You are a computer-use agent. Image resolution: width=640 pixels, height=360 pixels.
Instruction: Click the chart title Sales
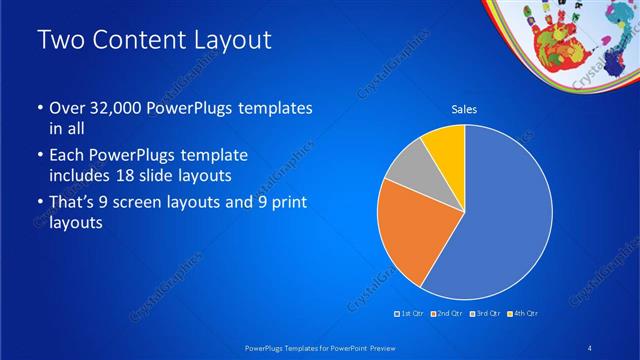464,109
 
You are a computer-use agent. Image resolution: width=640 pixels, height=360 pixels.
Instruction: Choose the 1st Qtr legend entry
411,313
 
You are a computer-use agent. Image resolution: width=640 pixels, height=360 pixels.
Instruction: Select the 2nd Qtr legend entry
447,313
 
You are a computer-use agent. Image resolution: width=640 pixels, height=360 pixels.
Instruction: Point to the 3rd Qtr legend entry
484,313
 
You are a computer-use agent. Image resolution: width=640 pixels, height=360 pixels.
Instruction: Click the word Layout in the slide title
225,40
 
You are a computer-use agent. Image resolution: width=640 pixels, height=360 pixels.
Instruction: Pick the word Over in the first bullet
65,107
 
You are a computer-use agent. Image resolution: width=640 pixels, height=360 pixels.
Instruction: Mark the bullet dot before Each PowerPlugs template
39,157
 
